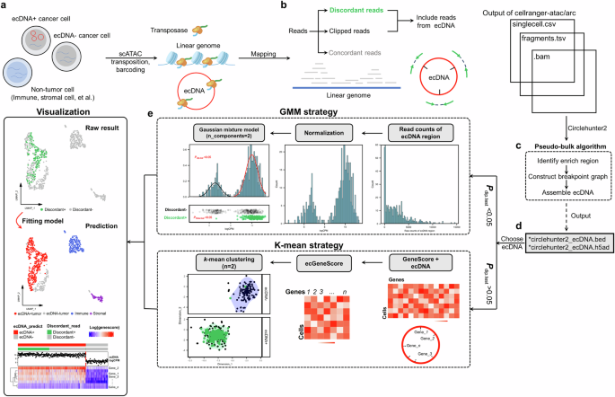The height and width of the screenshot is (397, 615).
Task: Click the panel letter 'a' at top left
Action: point(6,6)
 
